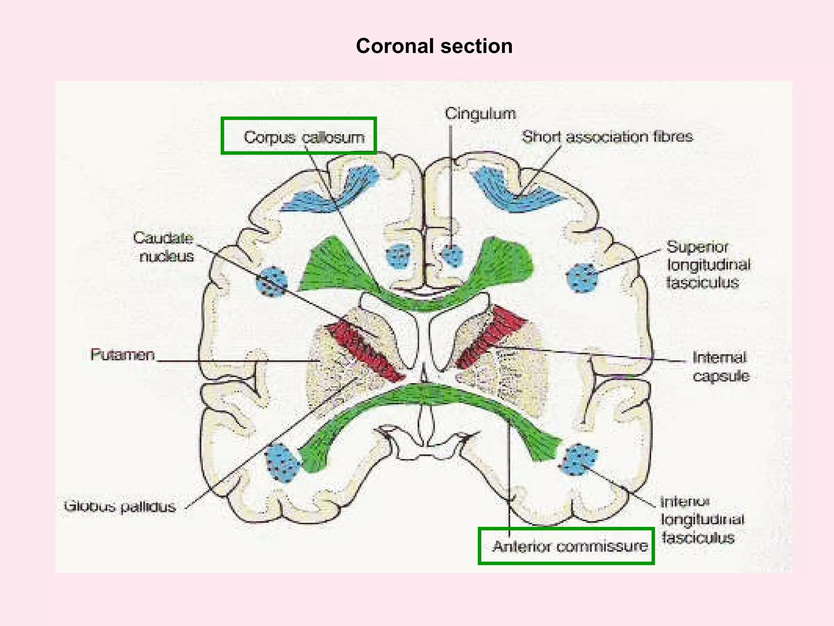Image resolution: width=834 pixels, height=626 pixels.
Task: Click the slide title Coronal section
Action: pyautogui.click(x=434, y=46)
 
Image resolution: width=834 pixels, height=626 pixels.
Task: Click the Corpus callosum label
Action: pyautogui.click(x=304, y=137)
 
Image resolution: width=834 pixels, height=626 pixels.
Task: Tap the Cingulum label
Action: pyautogui.click(x=480, y=113)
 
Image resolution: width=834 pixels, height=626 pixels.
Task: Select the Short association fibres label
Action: pyautogui.click(x=607, y=137)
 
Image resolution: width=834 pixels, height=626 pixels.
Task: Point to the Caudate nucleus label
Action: pyautogui.click(x=164, y=247)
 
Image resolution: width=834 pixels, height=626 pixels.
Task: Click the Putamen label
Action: pyautogui.click(x=123, y=355)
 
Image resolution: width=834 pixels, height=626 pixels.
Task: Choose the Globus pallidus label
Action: pyautogui.click(x=120, y=507)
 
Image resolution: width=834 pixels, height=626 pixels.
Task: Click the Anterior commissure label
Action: pyautogui.click(x=569, y=546)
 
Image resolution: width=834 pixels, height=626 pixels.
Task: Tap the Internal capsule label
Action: pyautogui.click(x=720, y=366)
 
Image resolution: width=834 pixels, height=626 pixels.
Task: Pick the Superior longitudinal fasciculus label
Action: pyautogui.click(x=708, y=265)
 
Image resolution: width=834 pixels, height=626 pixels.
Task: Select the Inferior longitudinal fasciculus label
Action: pyautogui.click(x=701, y=520)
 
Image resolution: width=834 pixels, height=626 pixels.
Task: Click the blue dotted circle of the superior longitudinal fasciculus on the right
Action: pyautogui.click(x=582, y=278)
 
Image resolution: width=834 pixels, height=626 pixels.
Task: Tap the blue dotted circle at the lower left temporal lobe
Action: pyautogui.click(x=282, y=463)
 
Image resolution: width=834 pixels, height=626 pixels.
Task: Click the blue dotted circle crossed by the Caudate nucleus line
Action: pyautogui.click(x=271, y=282)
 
